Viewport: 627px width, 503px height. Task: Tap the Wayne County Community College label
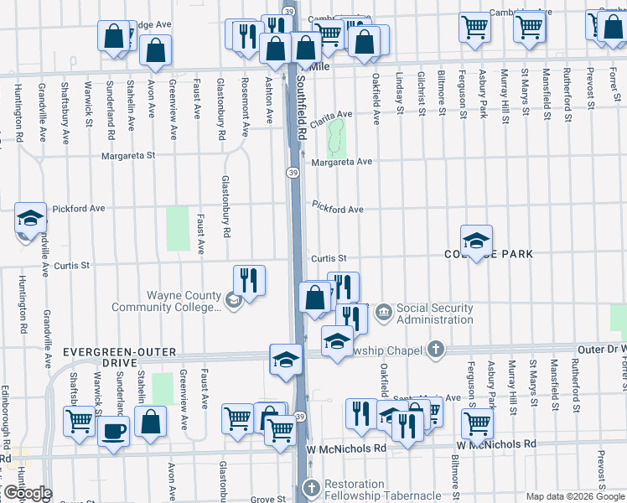[x=184, y=300]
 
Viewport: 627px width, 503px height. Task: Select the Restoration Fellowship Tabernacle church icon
[x=311, y=487]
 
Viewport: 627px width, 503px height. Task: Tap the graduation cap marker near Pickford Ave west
[x=30, y=219]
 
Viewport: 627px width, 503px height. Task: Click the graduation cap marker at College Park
[x=476, y=240]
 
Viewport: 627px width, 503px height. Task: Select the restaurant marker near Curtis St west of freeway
[x=250, y=278]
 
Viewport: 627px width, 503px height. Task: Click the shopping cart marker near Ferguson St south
[x=477, y=424]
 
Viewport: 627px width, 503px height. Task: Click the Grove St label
[x=268, y=500]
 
